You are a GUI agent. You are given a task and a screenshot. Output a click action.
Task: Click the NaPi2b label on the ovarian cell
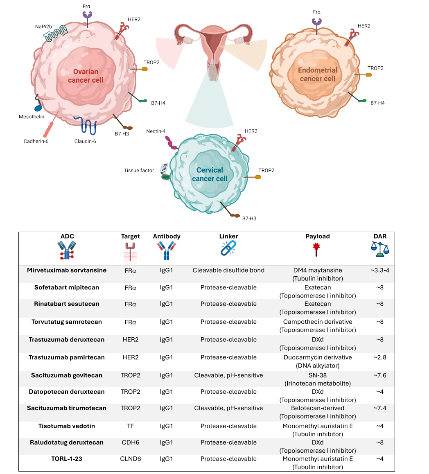(43, 27)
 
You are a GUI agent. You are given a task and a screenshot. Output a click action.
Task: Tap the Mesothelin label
(32, 117)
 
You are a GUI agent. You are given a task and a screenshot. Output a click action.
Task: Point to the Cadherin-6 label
(36, 141)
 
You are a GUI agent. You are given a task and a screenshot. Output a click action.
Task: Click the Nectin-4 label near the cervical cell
(156, 131)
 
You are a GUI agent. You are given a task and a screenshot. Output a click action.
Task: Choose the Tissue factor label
(139, 171)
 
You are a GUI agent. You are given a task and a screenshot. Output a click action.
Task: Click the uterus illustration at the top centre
(213, 52)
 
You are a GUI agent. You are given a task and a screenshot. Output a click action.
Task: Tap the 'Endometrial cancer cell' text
(317, 74)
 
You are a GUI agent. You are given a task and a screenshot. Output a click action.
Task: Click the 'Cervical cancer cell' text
(210, 174)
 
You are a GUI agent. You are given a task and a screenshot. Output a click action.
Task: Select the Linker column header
(228, 237)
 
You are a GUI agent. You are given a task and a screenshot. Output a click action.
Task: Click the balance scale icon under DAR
(380, 249)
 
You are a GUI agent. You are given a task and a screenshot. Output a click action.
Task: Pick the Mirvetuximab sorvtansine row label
(66, 270)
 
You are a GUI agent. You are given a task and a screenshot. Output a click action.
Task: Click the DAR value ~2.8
(380, 357)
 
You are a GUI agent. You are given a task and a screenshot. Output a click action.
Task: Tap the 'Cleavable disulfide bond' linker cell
(228, 270)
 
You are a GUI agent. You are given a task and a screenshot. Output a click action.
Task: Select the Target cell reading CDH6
(130, 442)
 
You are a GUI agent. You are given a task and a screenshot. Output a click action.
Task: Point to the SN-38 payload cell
(317, 375)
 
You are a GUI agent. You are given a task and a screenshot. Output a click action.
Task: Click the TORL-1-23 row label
(66, 458)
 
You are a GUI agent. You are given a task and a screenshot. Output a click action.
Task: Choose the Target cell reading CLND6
(130, 458)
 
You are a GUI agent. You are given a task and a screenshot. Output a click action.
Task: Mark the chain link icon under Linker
(228, 248)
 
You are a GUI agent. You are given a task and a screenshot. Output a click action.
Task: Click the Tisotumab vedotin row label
(66, 426)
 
